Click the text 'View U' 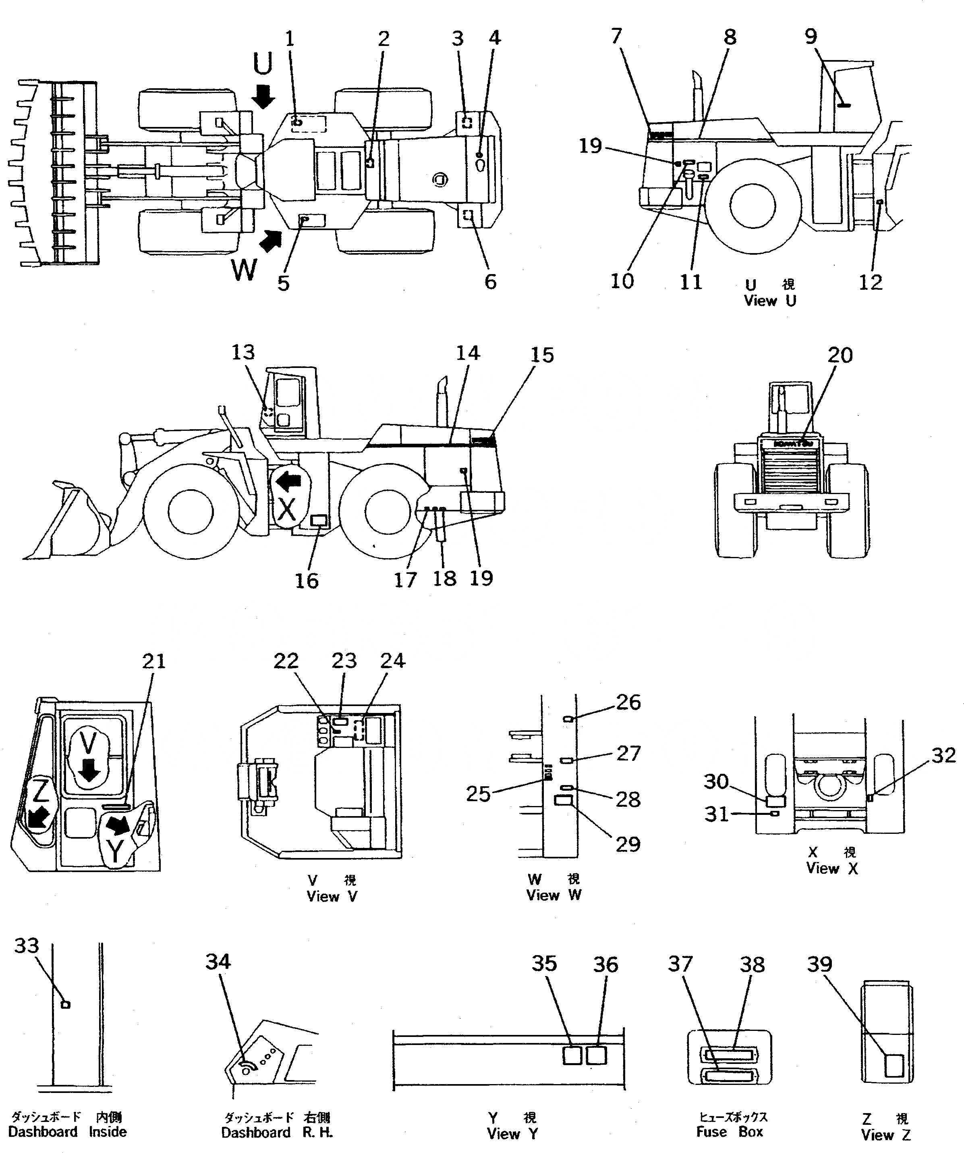coord(770,301)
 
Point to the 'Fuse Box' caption coord(730,1132)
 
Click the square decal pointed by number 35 coord(572,1055)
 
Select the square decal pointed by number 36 coord(597,1055)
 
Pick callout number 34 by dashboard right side coord(218,962)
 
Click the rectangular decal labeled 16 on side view coord(319,521)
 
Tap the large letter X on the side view coord(286,510)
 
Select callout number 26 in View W coord(628,702)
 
